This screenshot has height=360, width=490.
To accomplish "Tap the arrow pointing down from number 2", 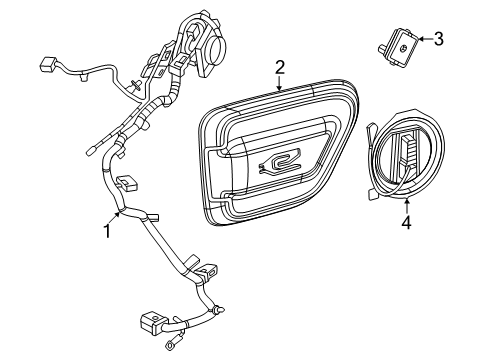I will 281,84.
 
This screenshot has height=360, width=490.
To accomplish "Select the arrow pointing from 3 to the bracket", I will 424,40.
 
